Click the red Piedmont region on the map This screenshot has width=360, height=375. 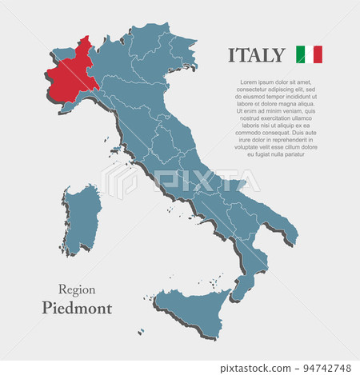coord(70,78)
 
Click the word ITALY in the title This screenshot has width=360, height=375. coord(256,55)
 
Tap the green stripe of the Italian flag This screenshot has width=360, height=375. coord(300,54)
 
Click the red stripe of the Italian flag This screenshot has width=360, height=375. coord(318,54)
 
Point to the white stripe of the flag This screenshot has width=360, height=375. coord(309,54)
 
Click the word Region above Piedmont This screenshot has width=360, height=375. coord(77,289)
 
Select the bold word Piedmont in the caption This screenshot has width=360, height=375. coord(77,308)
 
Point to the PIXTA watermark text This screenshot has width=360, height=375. coord(200,182)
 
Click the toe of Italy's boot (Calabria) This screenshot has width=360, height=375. coord(239,287)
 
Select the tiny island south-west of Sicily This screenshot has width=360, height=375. coord(142,331)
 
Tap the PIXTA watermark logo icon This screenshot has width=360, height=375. coord(120,182)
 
